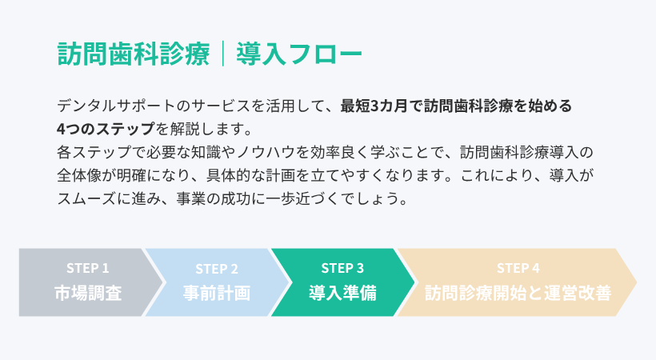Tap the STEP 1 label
[88, 268]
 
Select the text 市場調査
[88, 292]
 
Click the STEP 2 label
[217, 268]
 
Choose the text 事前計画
[217, 292]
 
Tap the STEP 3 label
[342, 268]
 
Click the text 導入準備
[342, 292]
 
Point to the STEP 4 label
[518, 268]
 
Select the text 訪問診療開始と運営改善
[518, 292]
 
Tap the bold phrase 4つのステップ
[106, 128]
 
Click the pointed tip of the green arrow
[414, 282]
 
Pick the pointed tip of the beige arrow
[637, 282]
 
